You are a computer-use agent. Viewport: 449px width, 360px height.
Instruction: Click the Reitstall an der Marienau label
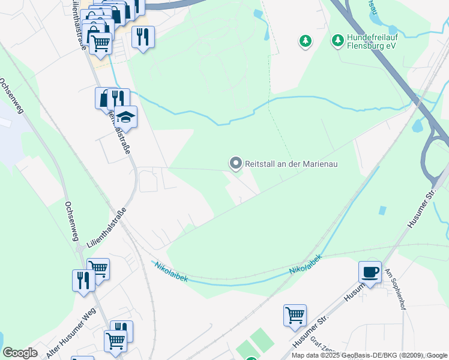pos(288,163)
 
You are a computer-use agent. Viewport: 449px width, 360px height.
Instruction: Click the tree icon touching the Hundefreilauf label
pos(338,40)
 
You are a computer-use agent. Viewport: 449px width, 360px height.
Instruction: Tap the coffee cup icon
pos(370,271)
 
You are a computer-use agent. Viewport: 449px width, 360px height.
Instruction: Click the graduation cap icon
pos(126,115)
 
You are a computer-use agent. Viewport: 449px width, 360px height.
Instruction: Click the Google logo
pos(20,353)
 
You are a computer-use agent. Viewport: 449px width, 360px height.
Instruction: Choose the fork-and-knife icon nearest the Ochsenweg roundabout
pos(83,280)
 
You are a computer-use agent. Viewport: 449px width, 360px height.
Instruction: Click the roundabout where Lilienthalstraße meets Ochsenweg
pos(79,248)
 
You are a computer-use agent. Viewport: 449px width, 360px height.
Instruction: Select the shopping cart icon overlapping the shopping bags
pos(100,43)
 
